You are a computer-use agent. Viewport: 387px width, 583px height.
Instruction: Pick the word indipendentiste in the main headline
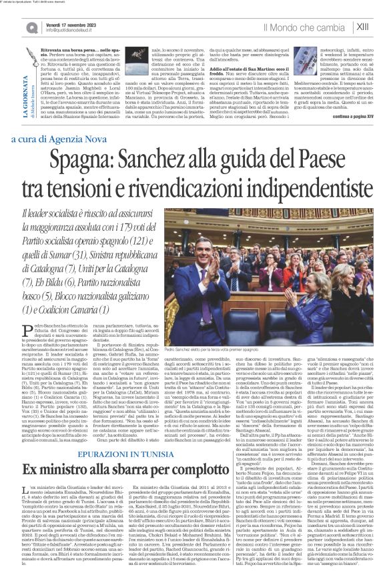coord(300,188)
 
